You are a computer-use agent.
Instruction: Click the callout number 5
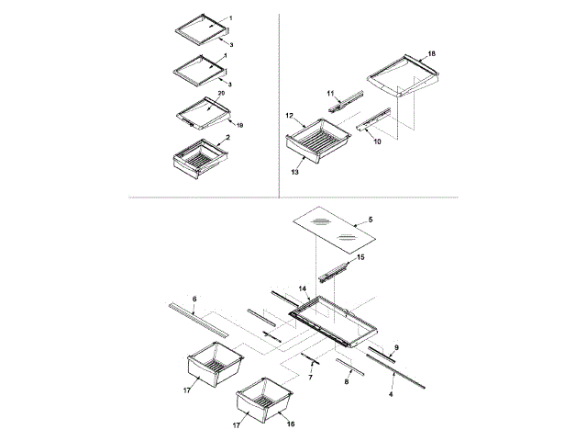pos(371,220)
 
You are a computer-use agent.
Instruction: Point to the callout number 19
pos(239,124)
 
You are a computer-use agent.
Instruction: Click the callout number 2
pos(227,137)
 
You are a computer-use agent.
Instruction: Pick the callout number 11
pos(332,93)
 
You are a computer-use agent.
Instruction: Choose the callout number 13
pos(295,171)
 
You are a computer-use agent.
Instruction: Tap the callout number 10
pos(376,142)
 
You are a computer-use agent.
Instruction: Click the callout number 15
pos(360,258)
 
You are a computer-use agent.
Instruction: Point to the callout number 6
pos(194,298)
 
